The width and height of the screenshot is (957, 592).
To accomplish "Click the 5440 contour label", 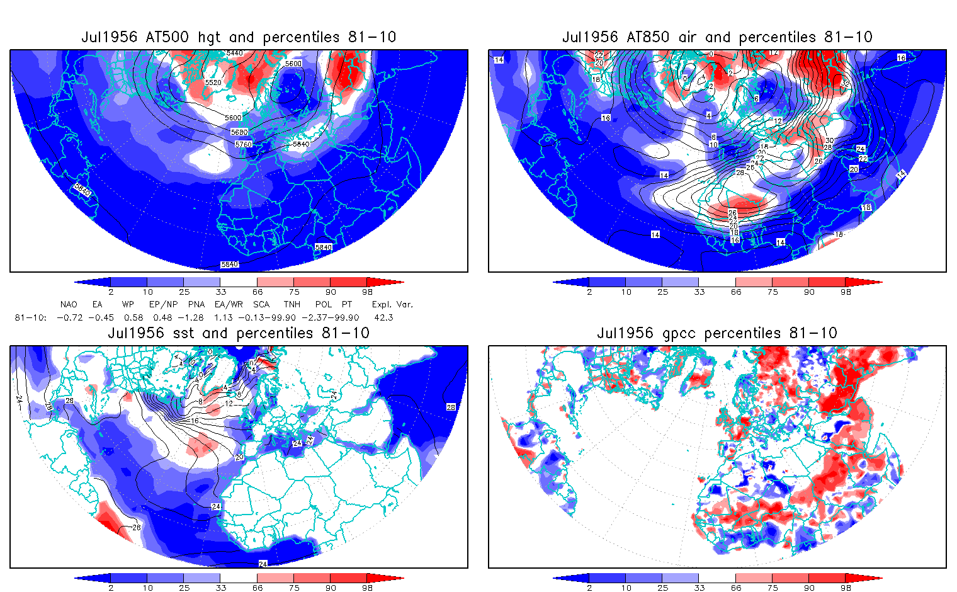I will pyautogui.click(x=234, y=54).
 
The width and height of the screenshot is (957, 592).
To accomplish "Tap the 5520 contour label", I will pyautogui.click(x=213, y=83).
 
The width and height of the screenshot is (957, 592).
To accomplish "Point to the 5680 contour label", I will pyautogui.click(x=239, y=132).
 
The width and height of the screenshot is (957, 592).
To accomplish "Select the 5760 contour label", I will pyautogui.click(x=243, y=144).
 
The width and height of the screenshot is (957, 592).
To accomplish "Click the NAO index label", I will pyautogui.click(x=69, y=304).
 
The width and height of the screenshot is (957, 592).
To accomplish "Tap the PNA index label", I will pyautogui.click(x=196, y=304).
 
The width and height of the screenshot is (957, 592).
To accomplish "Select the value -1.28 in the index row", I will pyautogui.click(x=195, y=317).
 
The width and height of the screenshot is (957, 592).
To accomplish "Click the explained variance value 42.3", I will pyautogui.click(x=383, y=317).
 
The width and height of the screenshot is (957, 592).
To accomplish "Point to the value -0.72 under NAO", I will pyautogui.click(x=69, y=317).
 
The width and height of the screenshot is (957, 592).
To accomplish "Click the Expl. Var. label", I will pyautogui.click(x=392, y=304).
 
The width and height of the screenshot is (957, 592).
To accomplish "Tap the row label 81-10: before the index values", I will pyautogui.click(x=30, y=317).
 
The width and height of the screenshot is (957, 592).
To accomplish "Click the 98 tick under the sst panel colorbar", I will pyautogui.click(x=367, y=588).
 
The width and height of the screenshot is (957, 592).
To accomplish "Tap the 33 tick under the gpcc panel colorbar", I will pyautogui.click(x=699, y=588).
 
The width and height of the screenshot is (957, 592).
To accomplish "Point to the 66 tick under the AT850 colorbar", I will pyautogui.click(x=736, y=292).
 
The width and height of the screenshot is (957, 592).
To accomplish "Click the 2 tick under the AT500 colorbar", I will pyautogui.click(x=111, y=292).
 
